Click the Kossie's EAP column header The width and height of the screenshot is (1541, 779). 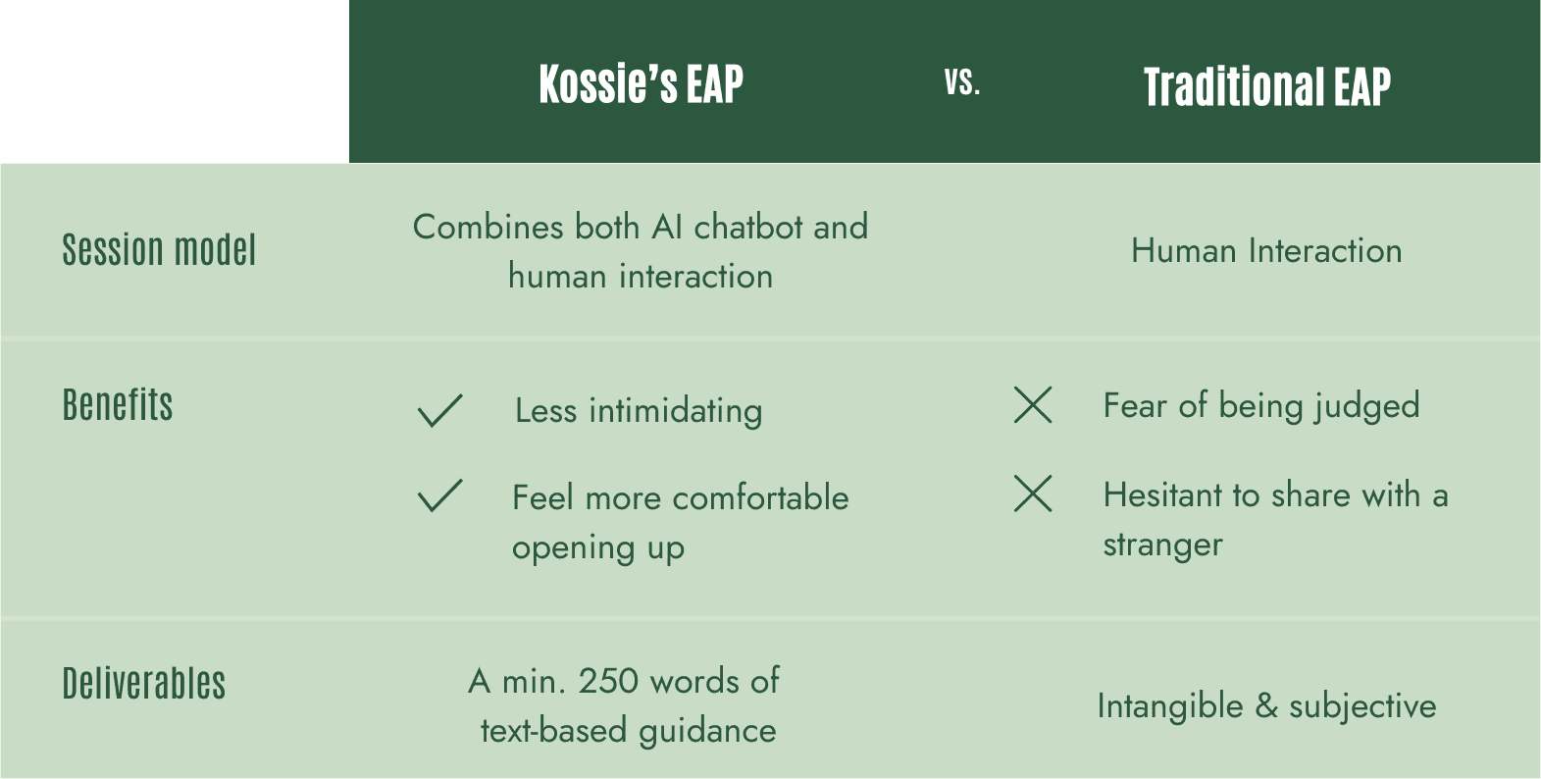[x=642, y=84]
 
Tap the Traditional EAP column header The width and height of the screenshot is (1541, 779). [x=1267, y=86]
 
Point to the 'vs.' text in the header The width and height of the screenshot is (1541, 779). [x=962, y=82]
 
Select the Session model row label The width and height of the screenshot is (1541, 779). [x=159, y=249]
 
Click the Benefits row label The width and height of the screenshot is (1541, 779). [x=118, y=404]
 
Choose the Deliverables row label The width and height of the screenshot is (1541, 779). [x=144, y=683]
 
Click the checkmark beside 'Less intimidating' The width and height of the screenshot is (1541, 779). [x=440, y=410]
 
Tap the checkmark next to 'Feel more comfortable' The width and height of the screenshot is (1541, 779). [x=440, y=495]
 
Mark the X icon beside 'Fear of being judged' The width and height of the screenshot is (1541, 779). [x=1033, y=404]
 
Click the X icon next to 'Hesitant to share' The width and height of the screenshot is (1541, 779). [x=1033, y=493]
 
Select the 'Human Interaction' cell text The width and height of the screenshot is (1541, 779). [x=1266, y=250]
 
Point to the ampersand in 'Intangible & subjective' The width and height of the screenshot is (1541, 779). [x=1266, y=706]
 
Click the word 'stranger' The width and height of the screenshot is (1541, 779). [x=1162, y=545]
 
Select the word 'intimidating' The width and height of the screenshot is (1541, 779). [x=676, y=411]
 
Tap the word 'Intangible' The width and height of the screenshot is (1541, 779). [x=1170, y=706]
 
